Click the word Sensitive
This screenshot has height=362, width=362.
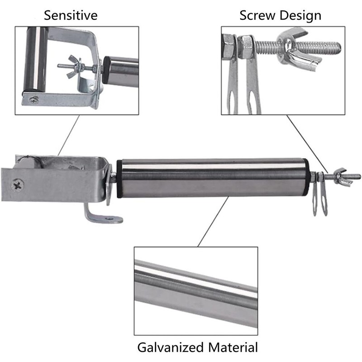(71, 15)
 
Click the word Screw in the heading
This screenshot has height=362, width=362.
(257, 15)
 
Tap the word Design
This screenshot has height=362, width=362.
(300, 16)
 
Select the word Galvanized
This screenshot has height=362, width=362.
(171, 347)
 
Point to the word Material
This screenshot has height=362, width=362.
(233, 347)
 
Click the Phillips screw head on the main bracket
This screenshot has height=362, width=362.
(17, 185)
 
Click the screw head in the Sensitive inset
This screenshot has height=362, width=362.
(34, 100)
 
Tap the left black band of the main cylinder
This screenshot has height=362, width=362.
(119, 179)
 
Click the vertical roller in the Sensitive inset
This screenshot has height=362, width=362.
(35, 59)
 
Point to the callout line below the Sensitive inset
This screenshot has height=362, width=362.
(69, 135)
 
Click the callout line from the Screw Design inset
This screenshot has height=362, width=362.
(308, 144)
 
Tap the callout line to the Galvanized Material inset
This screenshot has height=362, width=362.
(213, 221)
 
